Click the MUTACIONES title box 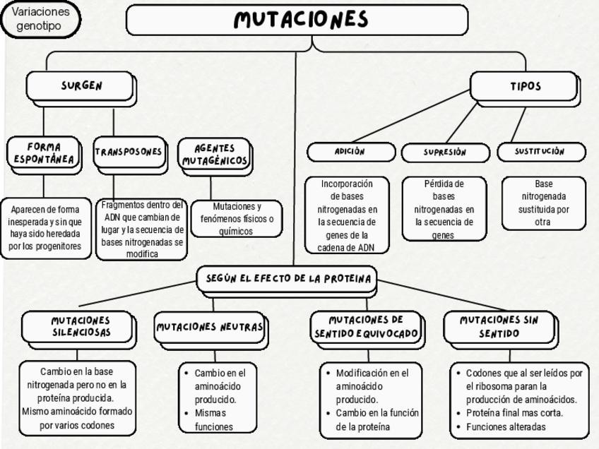click(297, 20)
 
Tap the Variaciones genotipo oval click(41, 19)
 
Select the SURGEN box click(81, 86)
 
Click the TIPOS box click(525, 86)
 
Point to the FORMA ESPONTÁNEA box click(43, 155)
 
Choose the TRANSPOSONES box click(129, 152)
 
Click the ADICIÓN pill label click(350, 152)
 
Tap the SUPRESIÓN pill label click(445, 152)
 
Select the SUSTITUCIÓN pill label click(540, 152)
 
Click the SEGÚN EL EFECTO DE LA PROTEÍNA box click(288, 279)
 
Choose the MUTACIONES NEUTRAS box click(209, 327)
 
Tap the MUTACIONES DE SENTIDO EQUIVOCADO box click(366, 327)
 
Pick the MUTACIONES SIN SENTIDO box click(499, 326)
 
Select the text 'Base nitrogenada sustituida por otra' click(543, 203)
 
